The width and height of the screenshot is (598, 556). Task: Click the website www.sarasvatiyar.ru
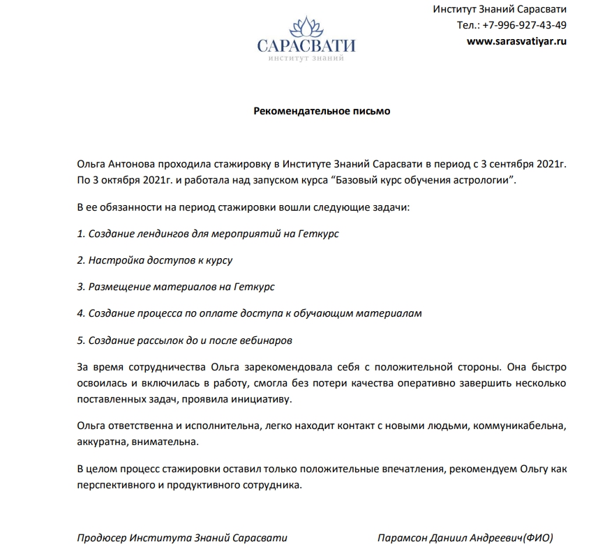point(516,41)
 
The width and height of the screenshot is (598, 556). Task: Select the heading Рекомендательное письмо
point(322,111)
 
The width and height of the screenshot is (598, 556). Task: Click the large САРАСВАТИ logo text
point(306,47)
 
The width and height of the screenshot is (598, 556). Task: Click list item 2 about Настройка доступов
point(154,260)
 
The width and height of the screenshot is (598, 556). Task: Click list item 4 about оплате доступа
point(249,313)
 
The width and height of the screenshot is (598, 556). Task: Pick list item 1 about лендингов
point(207,232)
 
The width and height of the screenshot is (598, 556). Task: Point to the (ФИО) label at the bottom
point(538,539)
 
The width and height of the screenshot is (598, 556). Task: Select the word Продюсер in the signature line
point(100,539)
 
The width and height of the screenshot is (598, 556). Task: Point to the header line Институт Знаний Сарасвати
point(500,9)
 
